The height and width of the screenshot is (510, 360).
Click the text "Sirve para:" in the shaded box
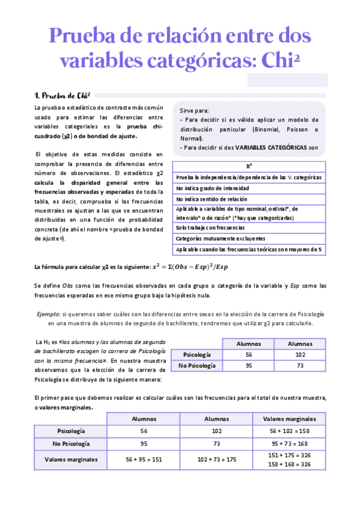coord(194,111)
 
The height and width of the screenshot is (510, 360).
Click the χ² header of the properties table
coord(249,166)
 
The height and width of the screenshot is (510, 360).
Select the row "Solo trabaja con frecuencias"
coord(210,228)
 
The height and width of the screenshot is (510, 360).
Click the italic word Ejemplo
coord(48,315)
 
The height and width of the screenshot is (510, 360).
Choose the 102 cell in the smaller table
coord(300,355)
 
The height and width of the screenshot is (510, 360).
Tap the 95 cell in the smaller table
coord(248,366)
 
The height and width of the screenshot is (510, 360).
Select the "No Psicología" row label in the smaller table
coord(196,366)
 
